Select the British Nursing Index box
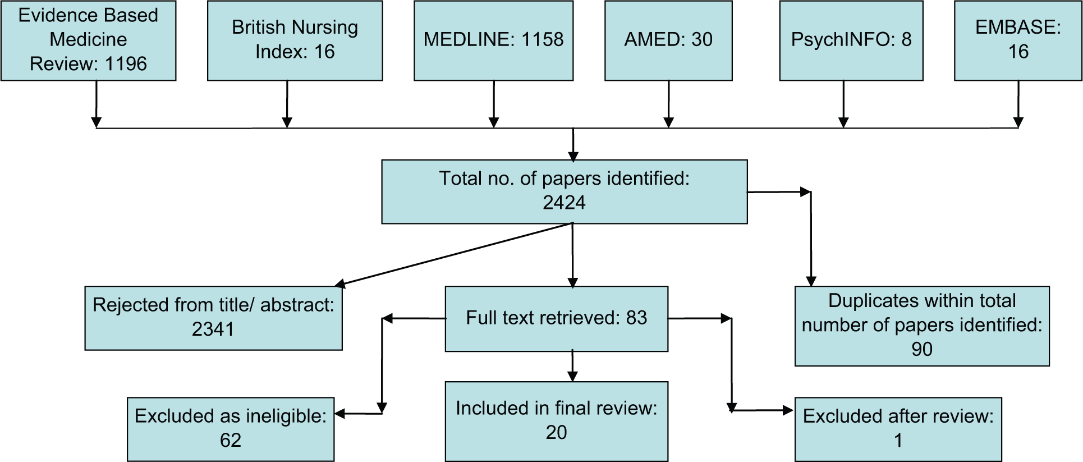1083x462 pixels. pyautogui.click(x=295, y=40)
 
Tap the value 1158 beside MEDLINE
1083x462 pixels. pyautogui.click(x=542, y=39)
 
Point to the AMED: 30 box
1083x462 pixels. pyautogui.click(x=668, y=40)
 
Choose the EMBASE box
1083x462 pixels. pyautogui.click(x=1018, y=40)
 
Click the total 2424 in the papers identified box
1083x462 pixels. pyautogui.click(x=564, y=203)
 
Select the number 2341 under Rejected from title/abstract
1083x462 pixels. pyautogui.click(x=213, y=329)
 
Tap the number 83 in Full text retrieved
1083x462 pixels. pyautogui.click(x=637, y=318)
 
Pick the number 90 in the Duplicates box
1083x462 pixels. pyautogui.click(x=922, y=349)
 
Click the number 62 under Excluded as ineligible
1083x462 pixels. pyautogui.click(x=231, y=440)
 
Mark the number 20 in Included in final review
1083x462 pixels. pyautogui.click(x=557, y=432)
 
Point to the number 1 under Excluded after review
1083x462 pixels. pyautogui.click(x=898, y=440)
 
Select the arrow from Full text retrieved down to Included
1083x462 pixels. pyautogui.click(x=572, y=366)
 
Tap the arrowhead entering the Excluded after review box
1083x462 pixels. pyautogui.click(x=788, y=411)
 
